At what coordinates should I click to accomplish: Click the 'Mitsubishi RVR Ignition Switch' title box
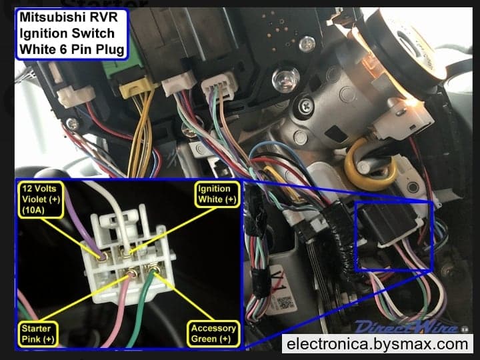pos(71,34)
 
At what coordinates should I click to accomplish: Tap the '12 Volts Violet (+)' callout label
pos(41,199)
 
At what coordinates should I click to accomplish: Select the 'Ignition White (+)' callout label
pos(217,194)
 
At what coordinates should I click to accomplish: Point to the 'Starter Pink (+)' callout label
pos(38,334)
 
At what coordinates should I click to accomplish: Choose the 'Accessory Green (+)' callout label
pos(213,334)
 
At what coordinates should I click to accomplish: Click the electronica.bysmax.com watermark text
pos(377,343)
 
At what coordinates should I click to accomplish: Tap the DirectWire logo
pos(407,326)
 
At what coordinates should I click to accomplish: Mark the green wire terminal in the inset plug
pos(154,269)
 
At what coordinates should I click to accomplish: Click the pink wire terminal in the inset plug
pos(132,272)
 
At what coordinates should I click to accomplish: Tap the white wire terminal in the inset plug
pos(127,253)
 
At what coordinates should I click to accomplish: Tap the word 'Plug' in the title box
pos(110,49)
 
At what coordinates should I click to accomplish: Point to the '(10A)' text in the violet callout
pos(33,210)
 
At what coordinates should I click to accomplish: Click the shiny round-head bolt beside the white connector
pos(285,79)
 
